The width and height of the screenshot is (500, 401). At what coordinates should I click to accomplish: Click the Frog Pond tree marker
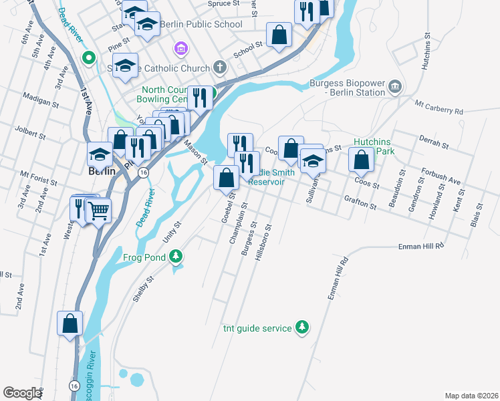click(x=175, y=256)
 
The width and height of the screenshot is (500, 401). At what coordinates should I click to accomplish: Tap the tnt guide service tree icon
click(x=303, y=328)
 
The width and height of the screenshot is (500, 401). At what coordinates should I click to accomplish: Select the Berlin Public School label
click(x=202, y=25)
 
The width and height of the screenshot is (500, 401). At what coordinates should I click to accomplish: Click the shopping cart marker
click(x=98, y=211)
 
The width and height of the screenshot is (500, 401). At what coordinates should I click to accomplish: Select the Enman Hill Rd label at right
click(x=421, y=247)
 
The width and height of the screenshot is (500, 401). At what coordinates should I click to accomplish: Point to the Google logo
click(x=22, y=393)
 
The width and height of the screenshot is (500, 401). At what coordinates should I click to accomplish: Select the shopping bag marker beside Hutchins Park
click(x=362, y=160)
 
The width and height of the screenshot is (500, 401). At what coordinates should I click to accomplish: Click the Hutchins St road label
click(x=426, y=51)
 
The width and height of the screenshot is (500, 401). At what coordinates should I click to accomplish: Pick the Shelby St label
click(x=143, y=288)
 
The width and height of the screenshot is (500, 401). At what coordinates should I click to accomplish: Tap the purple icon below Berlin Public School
click(x=179, y=48)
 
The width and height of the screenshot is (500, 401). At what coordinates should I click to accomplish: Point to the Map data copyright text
click(x=471, y=396)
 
